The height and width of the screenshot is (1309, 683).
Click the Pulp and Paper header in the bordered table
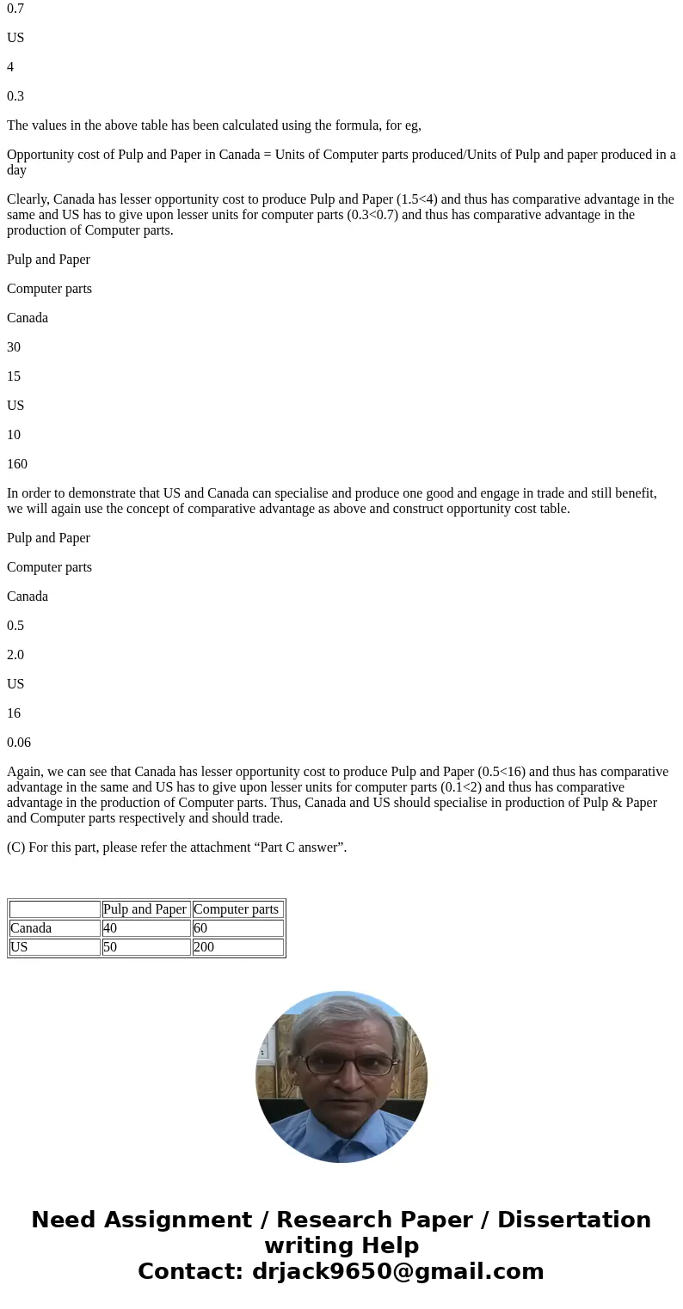tap(145, 909)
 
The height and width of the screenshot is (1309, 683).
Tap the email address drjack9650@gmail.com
tap(398, 1271)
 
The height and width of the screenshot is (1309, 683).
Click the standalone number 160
tap(17, 464)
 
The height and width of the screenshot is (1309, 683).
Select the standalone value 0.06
tap(19, 743)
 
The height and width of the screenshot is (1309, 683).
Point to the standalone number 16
tap(14, 713)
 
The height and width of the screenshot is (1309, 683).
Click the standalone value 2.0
tap(15, 655)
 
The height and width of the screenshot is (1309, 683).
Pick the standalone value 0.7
tap(15, 9)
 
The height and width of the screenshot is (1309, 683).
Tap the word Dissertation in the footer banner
tap(574, 1220)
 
